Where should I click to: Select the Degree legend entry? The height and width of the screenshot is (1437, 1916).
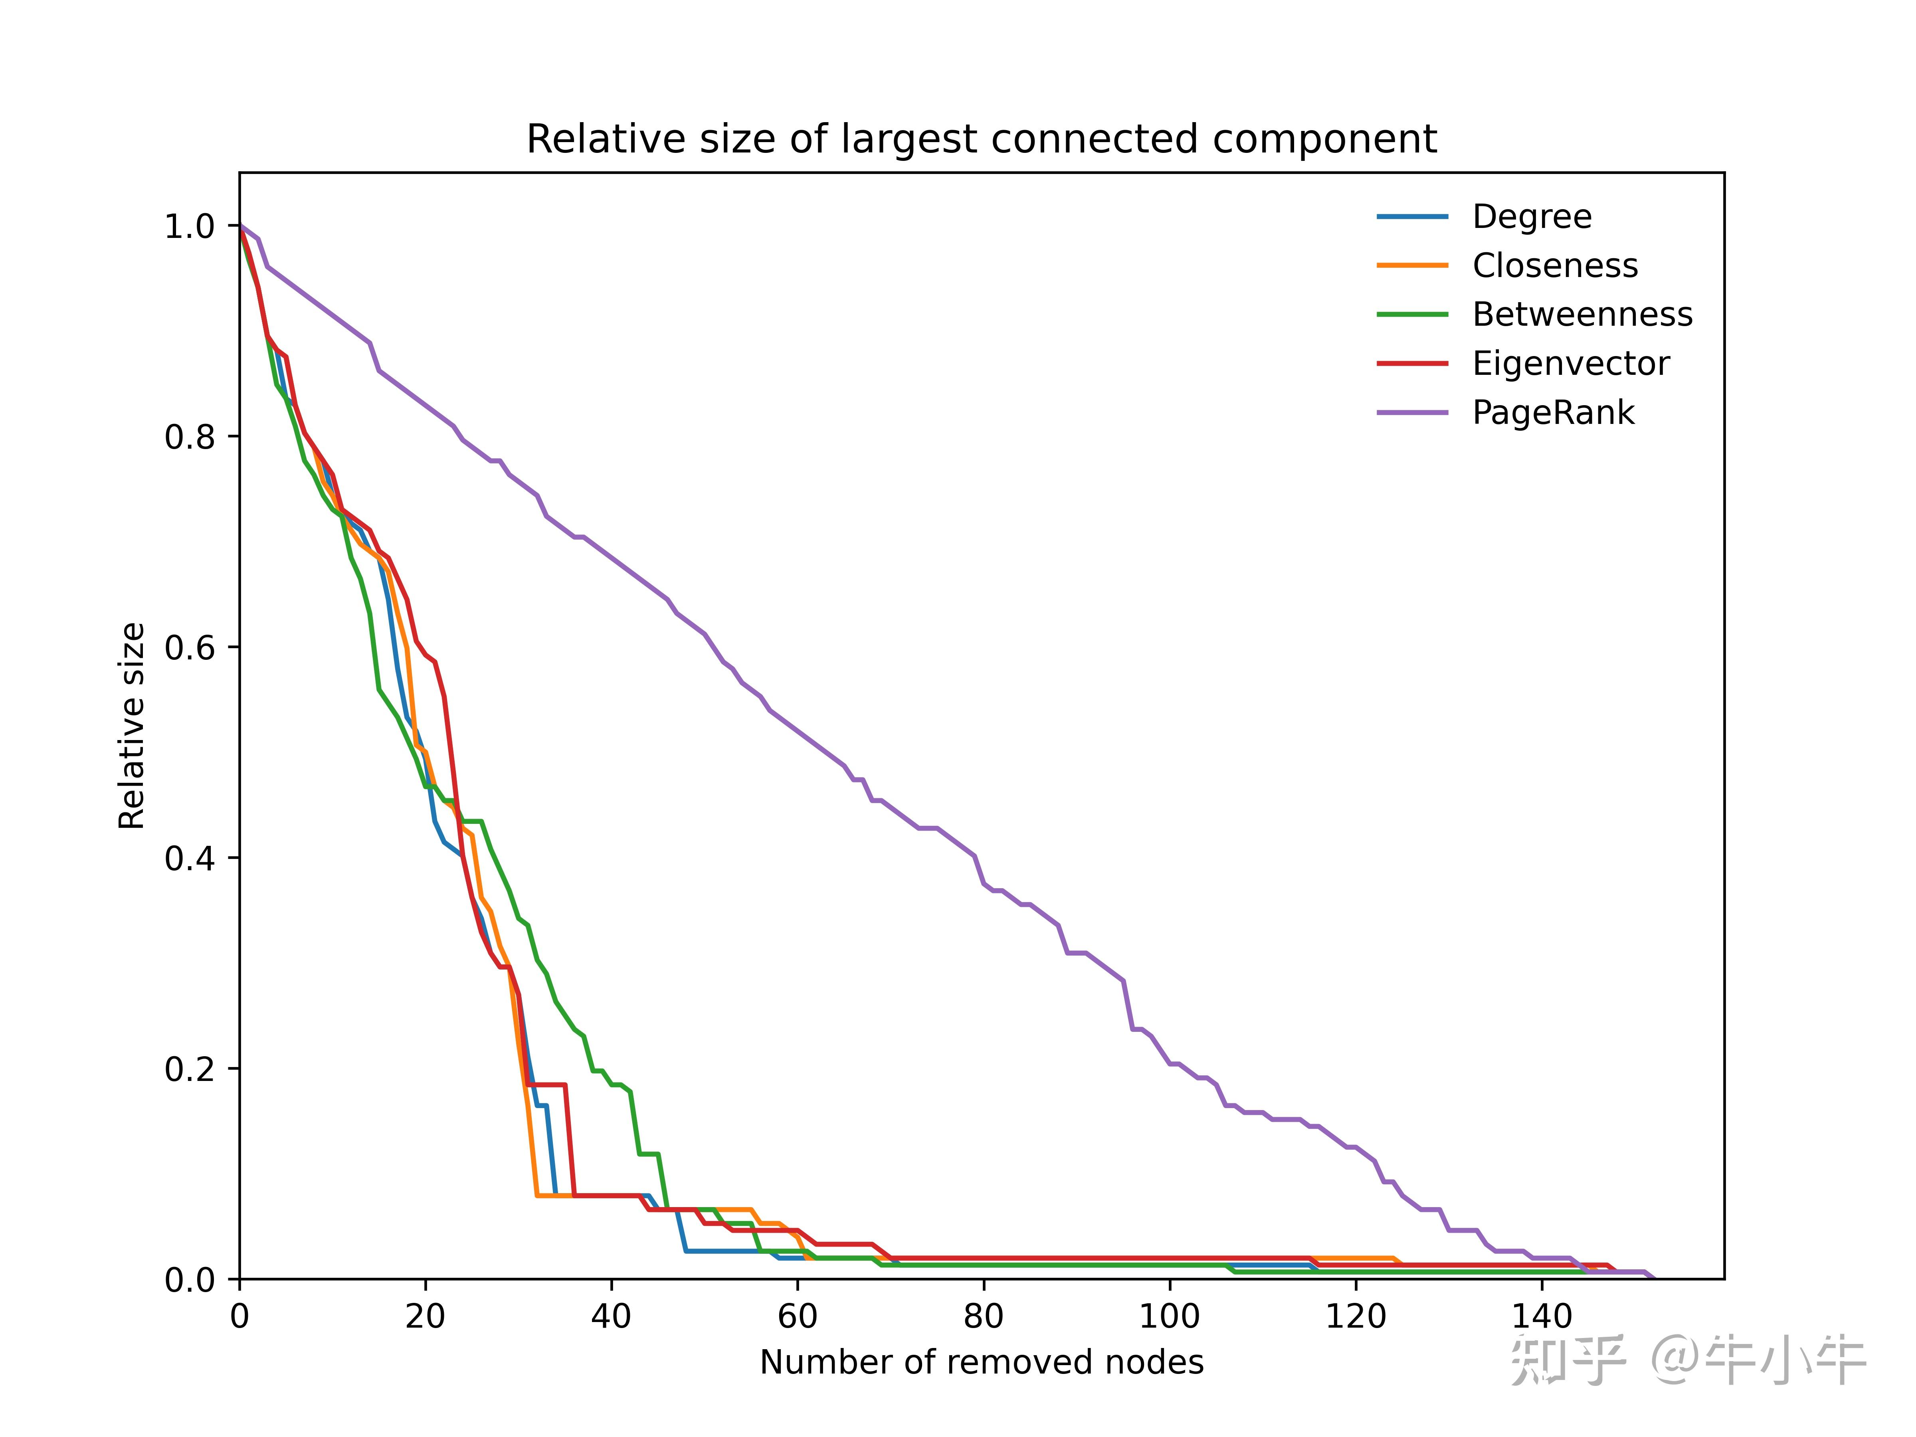[x=1532, y=216]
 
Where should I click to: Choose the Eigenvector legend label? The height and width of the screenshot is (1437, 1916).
[x=1570, y=364]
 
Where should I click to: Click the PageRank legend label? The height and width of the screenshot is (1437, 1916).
[x=1553, y=412]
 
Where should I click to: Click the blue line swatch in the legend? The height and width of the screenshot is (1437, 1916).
[x=1413, y=216]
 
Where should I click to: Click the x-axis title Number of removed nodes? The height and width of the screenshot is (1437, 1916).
[x=982, y=1362]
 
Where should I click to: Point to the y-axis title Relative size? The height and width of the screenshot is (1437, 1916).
[x=132, y=726]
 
